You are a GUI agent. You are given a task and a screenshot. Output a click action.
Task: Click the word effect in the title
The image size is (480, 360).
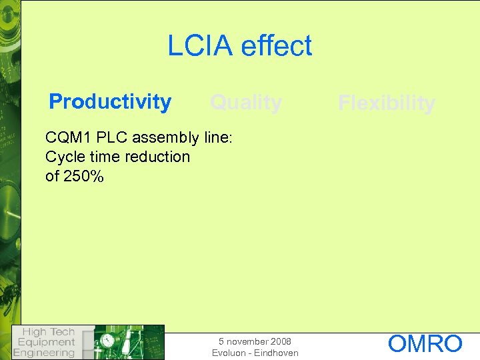tap(276, 46)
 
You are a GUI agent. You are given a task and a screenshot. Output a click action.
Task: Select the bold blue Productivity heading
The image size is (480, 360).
tap(110, 101)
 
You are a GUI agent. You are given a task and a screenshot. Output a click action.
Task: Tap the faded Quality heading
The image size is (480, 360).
tap(245, 103)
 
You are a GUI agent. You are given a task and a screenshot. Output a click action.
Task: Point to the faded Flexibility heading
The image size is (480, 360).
tap(386, 103)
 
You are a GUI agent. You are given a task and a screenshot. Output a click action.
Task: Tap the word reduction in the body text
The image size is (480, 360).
tap(158, 157)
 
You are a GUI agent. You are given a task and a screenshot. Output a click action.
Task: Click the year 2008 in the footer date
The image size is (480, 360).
tap(280, 341)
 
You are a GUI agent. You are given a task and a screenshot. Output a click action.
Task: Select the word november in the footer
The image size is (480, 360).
tap(246, 341)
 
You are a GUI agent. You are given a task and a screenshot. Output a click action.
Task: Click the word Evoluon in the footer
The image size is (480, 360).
tap(230, 353)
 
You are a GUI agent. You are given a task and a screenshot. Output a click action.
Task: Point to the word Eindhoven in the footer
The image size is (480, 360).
tap(276, 353)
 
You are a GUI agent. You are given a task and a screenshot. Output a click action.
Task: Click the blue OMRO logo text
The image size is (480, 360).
tap(425, 344)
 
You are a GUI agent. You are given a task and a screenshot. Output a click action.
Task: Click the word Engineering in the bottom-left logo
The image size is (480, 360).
tap(45, 353)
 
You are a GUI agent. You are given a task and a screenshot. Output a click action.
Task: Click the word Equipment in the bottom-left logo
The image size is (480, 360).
tap(45, 342)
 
